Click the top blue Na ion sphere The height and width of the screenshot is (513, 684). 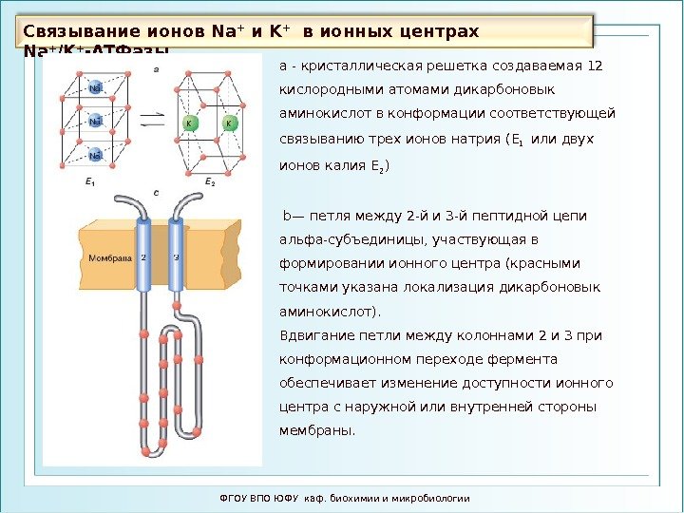coord(96,88)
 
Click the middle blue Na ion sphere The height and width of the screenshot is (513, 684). coord(96,122)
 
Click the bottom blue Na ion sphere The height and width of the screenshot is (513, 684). coord(96,156)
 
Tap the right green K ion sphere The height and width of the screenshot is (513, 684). coord(229,124)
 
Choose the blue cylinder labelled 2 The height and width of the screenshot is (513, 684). coord(143,256)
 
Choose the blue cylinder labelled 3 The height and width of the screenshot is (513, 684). coord(176,256)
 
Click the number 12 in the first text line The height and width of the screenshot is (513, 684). coord(597,66)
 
